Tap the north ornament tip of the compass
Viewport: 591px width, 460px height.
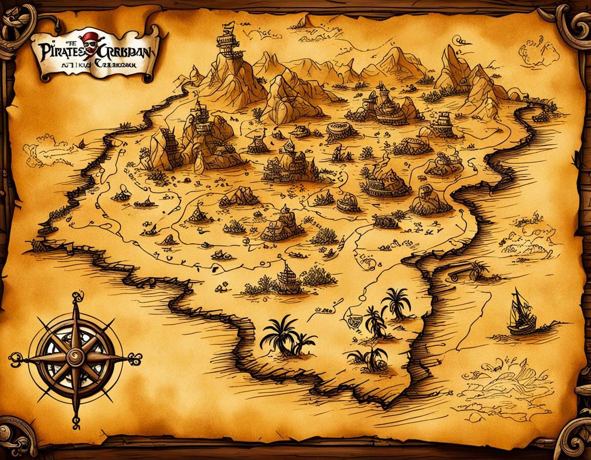pyautogui.click(x=77, y=296)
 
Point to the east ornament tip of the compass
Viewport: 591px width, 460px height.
pyautogui.click(x=136, y=358)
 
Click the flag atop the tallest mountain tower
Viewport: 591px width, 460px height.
pyautogui.click(x=229, y=26)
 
